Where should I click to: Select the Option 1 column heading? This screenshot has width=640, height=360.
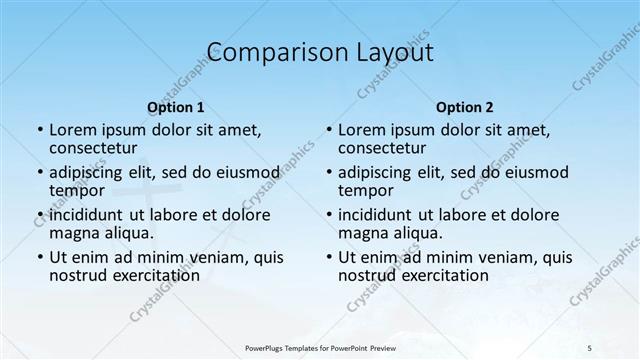pos(176,107)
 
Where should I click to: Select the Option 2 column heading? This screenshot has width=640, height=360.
pos(465,107)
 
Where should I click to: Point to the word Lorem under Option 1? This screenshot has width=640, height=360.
pos(73,130)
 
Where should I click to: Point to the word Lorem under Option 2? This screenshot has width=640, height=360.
pos(362,130)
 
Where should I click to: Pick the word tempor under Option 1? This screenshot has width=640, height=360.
pos(77,190)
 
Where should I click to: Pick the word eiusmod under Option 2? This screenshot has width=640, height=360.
pos(539,172)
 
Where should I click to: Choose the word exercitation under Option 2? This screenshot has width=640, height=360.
pos(444,275)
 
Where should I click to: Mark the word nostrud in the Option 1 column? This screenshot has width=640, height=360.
pos(78,275)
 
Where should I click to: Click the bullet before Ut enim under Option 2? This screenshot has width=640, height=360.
pos(329,257)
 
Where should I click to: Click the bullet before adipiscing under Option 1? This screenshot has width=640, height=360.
pos(40,172)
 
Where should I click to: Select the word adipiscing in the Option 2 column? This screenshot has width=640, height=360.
pos(375,172)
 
